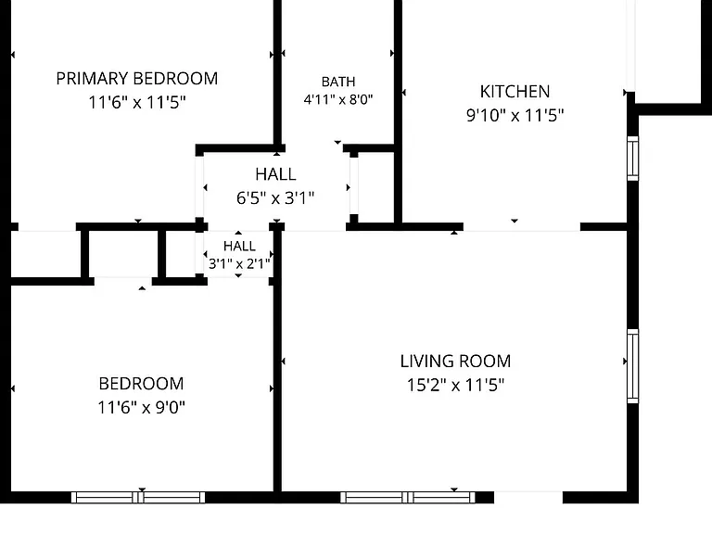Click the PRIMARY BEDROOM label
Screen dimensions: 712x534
click(x=136, y=79)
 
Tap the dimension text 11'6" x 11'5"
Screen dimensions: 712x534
click(x=136, y=102)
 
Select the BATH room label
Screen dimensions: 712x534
click(x=338, y=82)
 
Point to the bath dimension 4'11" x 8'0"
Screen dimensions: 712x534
click(x=338, y=99)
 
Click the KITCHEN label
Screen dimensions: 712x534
click(x=515, y=91)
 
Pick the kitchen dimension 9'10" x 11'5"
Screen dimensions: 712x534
click(x=515, y=115)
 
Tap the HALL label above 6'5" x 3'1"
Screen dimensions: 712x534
click(x=275, y=174)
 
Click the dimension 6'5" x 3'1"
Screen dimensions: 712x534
click(x=275, y=198)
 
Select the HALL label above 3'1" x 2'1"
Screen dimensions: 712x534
click(x=239, y=246)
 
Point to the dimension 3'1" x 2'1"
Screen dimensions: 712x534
click(x=239, y=263)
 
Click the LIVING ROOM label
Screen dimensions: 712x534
click(x=455, y=362)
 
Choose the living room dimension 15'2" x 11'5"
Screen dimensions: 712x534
click(x=455, y=385)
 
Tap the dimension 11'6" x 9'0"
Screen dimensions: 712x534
click(x=141, y=407)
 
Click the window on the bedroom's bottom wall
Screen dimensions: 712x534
click(x=138, y=498)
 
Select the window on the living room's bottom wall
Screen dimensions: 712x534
click(x=408, y=498)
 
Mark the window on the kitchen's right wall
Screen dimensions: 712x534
click(x=632, y=158)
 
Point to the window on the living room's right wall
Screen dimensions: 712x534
click(x=632, y=366)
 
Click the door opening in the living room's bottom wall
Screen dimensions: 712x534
click(x=528, y=497)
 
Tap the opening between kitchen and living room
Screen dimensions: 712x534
click(x=522, y=227)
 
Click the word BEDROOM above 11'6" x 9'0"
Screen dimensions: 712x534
click(x=141, y=384)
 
